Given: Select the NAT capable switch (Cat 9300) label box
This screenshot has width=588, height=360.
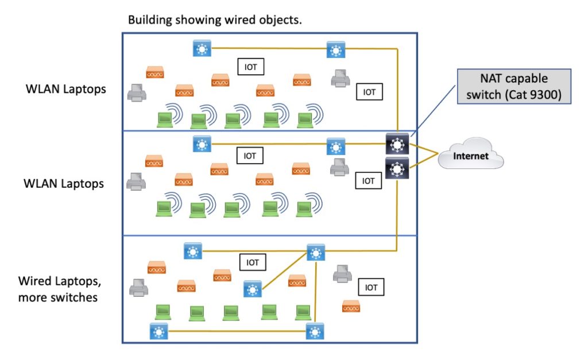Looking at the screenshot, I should click(513, 86).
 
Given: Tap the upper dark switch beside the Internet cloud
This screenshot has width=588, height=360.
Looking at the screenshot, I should click(397, 144).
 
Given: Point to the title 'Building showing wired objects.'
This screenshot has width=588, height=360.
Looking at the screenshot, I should click(215, 20).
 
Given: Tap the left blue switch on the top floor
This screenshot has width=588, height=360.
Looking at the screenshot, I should click(202, 49).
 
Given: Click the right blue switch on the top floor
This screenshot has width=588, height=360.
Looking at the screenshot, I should click(336, 50).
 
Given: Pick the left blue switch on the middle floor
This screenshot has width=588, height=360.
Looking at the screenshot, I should click(202, 144).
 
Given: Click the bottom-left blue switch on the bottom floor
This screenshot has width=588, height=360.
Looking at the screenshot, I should click(158, 331).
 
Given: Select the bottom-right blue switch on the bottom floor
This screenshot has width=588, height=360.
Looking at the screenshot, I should click(315, 331).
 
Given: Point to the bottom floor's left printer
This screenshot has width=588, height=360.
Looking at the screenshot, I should click(138, 287).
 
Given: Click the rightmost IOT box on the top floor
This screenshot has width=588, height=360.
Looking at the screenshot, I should click(369, 91).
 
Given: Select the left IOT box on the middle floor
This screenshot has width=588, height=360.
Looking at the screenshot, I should click(250, 155).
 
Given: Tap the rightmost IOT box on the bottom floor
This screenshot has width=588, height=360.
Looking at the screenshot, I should click(371, 287).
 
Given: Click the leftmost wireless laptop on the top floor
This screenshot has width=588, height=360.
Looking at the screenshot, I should click(165, 119).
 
